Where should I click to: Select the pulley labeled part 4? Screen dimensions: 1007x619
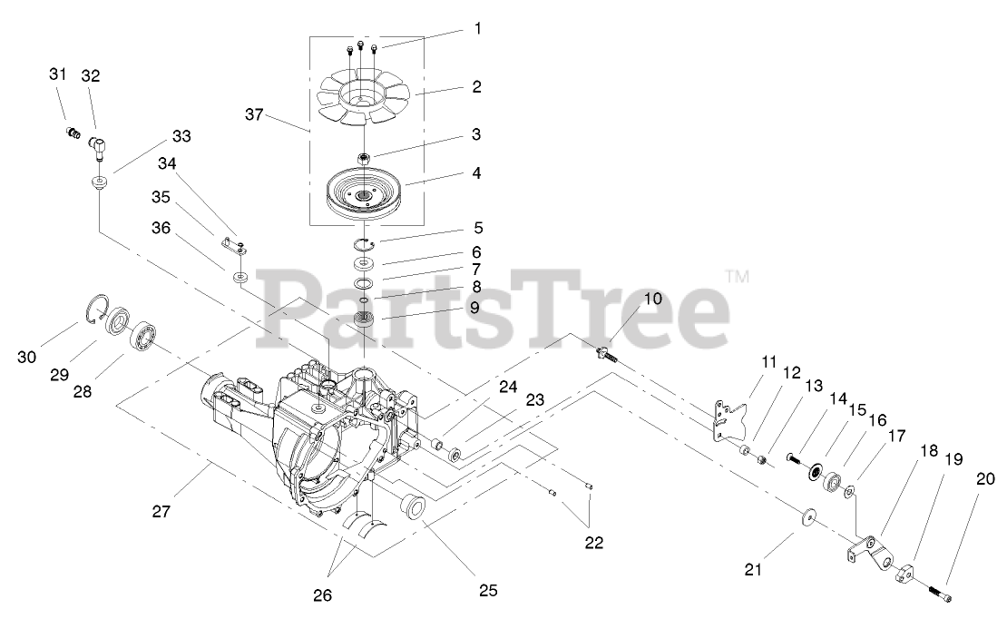pos(363,193)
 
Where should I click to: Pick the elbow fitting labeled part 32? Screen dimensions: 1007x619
pos(98,145)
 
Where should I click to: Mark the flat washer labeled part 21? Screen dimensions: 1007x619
pos(807,519)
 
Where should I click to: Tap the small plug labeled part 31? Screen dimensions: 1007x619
pos(69,134)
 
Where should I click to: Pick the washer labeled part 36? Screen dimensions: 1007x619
pos(240,276)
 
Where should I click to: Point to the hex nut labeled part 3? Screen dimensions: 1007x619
pos(363,160)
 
